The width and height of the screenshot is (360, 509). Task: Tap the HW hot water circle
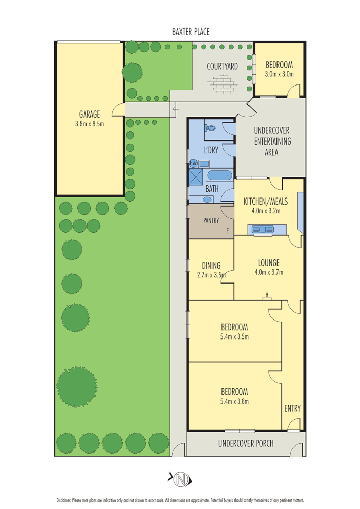point(193,163)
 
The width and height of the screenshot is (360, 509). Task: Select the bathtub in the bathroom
point(219,176)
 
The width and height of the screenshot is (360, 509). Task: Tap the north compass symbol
point(180,478)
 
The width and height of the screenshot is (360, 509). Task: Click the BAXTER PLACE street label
point(191,32)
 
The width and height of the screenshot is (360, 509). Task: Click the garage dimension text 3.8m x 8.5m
point(89,124)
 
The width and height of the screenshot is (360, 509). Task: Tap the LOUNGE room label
point(268,263)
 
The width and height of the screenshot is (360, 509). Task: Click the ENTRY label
point(292,408)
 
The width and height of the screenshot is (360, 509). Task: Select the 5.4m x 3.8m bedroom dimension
point(234,401)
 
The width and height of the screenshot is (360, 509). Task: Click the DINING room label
point(211,265)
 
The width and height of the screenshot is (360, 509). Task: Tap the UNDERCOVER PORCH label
point(246,443)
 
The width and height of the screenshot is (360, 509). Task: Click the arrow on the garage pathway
point(175,109)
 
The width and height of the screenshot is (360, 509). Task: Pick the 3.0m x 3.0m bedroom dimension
point(279,74)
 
